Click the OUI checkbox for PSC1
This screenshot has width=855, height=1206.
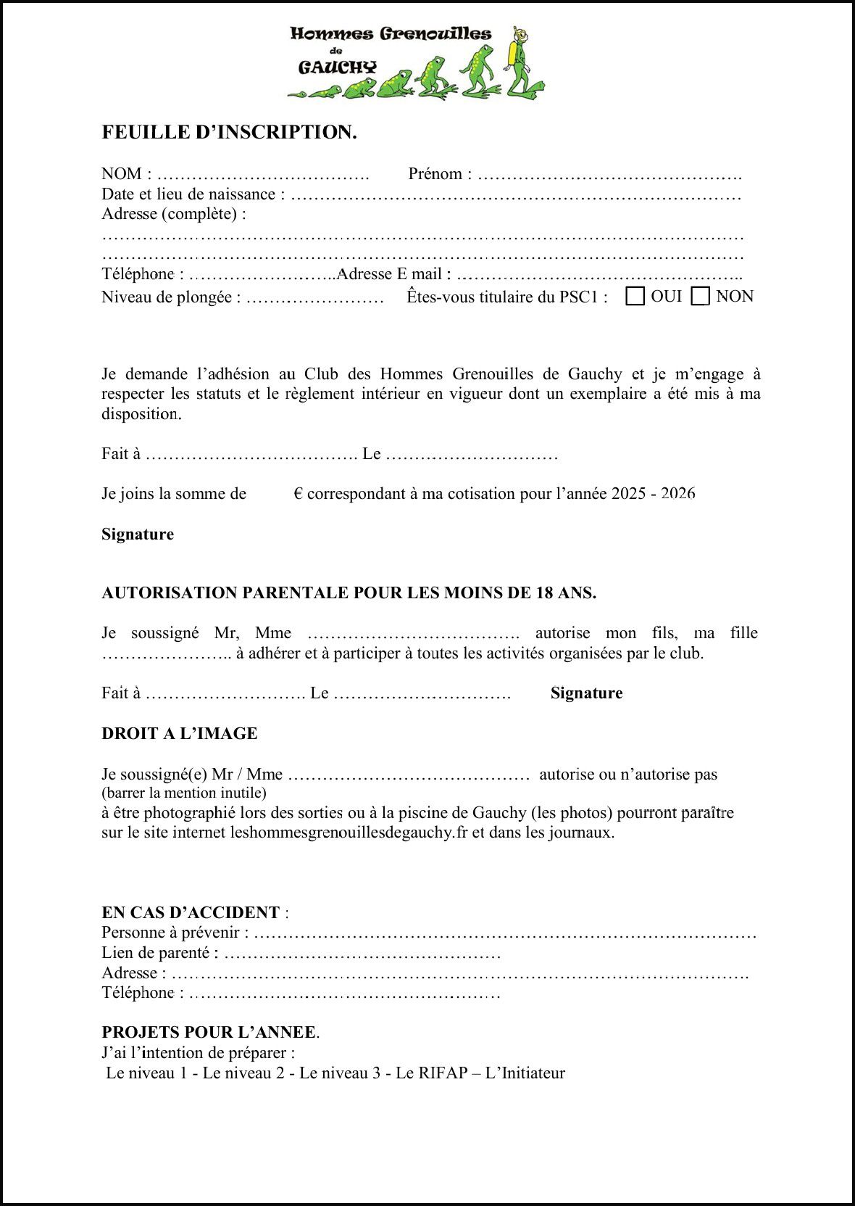(635, 297)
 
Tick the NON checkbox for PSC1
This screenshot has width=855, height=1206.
(700, 297)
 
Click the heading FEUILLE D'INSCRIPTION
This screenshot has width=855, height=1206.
(229, 132)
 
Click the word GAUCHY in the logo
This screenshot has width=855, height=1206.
(338, 67)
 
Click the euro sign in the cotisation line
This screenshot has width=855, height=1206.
(299, 495)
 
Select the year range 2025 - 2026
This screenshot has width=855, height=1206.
(653, 495)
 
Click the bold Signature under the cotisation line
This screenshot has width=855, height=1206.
(138, 534)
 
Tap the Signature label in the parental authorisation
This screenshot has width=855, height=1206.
(586, 693)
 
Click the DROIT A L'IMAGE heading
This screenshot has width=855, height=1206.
(180, 734)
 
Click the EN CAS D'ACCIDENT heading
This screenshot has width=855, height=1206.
(191, 912)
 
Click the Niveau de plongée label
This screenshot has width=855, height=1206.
(171, 297)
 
